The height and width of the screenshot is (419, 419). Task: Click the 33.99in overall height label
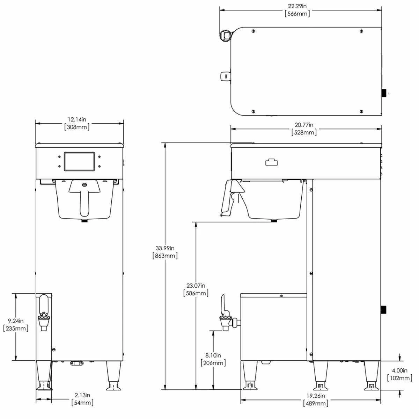[165, 248]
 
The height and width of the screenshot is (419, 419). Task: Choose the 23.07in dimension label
[196, 285]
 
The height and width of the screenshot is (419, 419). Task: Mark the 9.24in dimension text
[16, 321]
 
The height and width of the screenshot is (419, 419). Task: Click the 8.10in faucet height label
[213, 355]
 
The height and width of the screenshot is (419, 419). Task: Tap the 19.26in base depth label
[315, 396]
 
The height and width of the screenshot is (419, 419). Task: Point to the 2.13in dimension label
[83, 395]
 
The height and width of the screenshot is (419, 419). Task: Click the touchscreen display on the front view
[79, 161]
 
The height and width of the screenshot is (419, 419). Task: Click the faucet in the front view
[44, 313]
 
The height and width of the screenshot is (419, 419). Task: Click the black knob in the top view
[384, 93]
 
